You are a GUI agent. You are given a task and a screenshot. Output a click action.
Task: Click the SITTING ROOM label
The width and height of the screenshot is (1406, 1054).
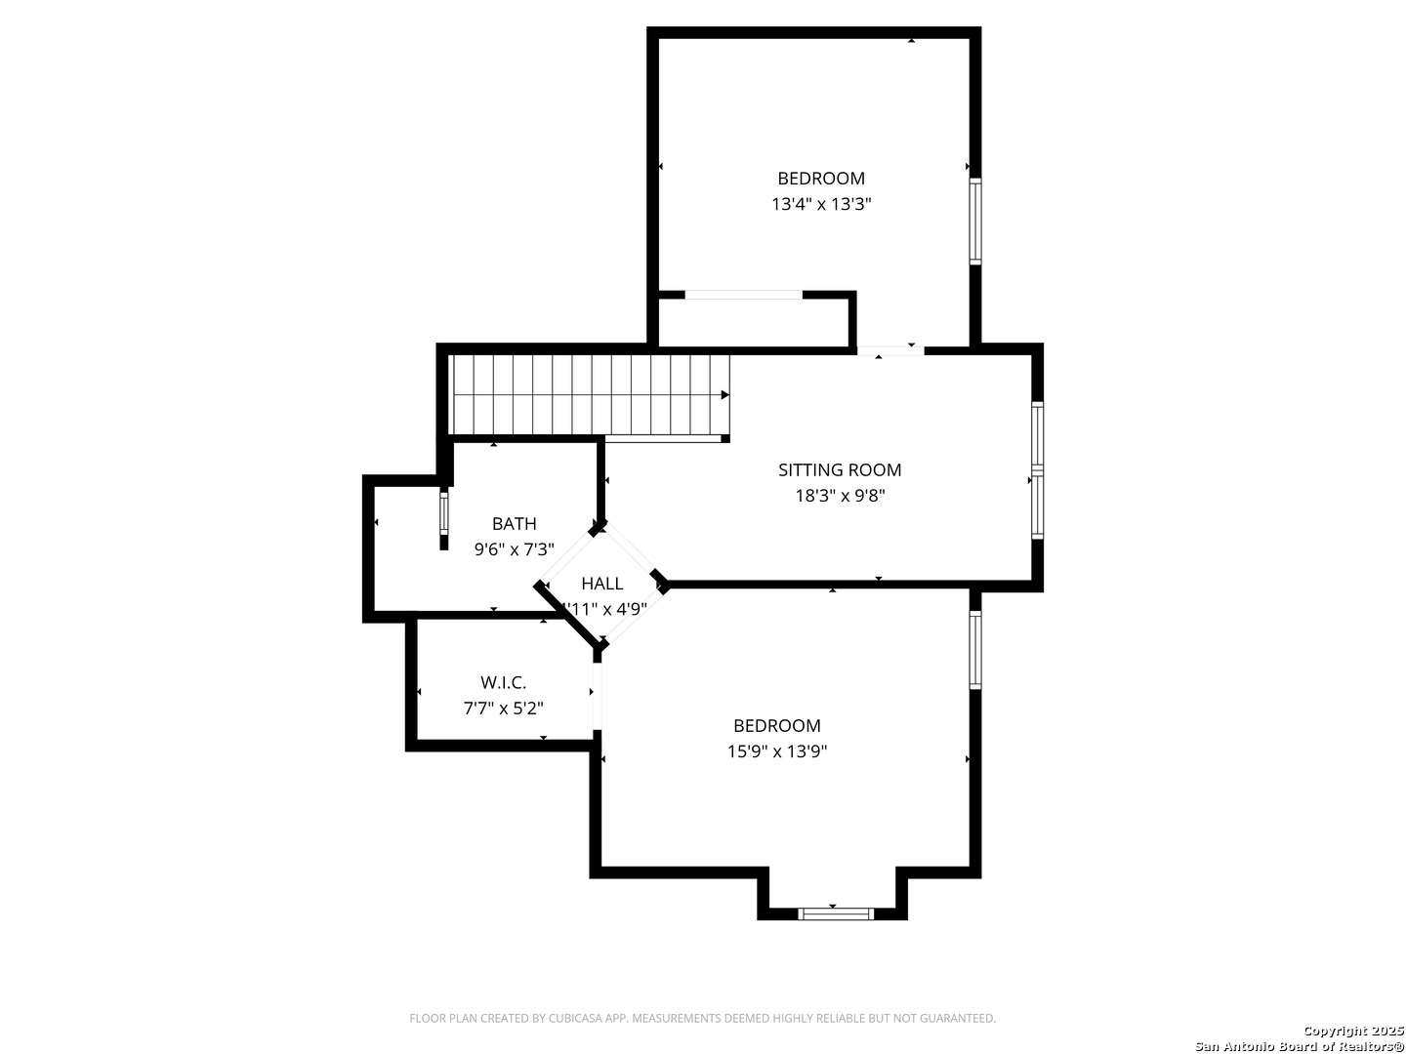click(x=839, y=469)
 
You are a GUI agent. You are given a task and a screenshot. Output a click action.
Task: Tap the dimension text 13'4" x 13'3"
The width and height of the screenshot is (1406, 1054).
click(x=820, y=204)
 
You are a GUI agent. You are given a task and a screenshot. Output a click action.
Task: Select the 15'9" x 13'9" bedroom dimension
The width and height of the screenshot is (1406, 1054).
click(x=777, y=751)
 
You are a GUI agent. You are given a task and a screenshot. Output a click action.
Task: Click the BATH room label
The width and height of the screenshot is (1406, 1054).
click(x=514, y=524)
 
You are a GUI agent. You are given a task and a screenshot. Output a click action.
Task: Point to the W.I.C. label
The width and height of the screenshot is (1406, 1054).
click(x=503, y=683)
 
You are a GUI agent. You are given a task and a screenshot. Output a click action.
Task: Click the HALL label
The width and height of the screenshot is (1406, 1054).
click(x=601, y=584)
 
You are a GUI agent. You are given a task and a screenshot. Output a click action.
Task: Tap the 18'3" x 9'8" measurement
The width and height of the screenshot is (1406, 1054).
click(x=840, y=496)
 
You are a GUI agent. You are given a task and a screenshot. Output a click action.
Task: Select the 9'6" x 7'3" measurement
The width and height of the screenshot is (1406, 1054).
click(x=514, y=549)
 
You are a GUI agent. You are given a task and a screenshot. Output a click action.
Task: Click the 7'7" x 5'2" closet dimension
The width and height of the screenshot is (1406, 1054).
click(x=503, y=709)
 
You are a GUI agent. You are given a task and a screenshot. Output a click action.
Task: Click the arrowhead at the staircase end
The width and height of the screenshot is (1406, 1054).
click(x=724, y=395)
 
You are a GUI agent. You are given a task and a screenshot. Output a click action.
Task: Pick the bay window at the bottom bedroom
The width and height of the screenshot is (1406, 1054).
click(x=835, y=913)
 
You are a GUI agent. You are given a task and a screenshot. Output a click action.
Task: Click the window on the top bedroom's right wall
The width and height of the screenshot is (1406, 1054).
click(x=974, y=222)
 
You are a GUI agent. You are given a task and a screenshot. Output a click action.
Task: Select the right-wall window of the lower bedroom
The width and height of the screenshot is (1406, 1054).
click(x=974, y=650)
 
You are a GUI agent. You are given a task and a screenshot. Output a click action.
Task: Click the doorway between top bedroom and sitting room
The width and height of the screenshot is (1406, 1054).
click(x=890, y=349)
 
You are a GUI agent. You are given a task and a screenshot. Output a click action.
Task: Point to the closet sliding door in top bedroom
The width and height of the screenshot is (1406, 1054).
click(x=743, y=294)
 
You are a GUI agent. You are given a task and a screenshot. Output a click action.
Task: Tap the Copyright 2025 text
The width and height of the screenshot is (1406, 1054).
click(x=1351, y=1031)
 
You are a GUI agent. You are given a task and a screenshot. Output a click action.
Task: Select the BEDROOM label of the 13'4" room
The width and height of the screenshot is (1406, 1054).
click(x=820, y=179)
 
